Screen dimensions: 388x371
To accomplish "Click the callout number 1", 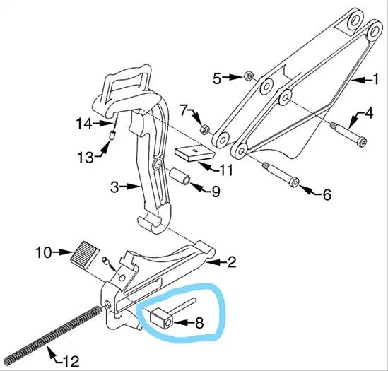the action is [375, 79].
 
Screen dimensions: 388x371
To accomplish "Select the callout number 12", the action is [71, 361].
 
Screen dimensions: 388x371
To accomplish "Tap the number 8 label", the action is [199, 323].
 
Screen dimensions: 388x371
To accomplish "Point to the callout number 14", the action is [84, 124].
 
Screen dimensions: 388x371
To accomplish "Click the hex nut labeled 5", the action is [247, 76].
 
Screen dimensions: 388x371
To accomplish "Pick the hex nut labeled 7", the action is [205, 129].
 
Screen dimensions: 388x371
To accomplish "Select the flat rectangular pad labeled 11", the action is [195, 153].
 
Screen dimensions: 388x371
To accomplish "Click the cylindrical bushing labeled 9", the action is [180, 176].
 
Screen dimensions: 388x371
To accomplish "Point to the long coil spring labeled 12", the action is [52, 336].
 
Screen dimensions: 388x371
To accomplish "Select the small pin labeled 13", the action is [112, 136].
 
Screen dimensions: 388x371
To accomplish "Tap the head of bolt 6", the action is [295, 182].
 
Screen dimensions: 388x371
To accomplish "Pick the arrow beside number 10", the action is [63, 252].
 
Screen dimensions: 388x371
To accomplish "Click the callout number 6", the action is [327, 194].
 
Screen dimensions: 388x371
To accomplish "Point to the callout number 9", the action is [216, 192].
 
